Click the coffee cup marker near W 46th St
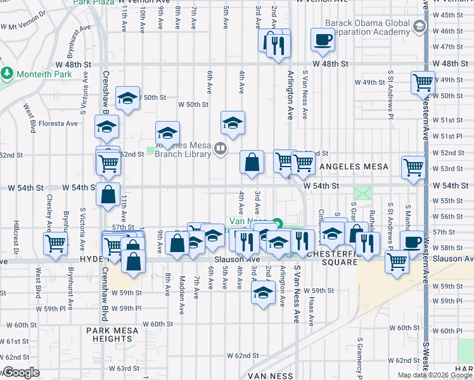tap(323, 39)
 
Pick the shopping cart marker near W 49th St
tap(423, 82)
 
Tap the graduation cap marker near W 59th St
tap(263, 293)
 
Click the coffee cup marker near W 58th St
tap(413, 242)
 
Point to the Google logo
tap(21, 372)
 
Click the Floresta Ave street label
tap(58, 123)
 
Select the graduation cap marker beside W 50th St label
tap(128, 98)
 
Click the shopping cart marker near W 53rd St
tap(413, 168)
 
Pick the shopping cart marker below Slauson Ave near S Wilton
tap(397, 260)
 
